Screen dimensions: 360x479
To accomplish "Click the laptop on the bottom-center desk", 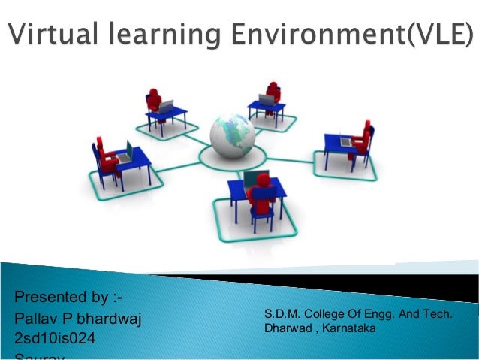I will click(x=252, y=179).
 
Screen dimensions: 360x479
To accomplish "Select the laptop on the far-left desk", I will click(x=127, y=151).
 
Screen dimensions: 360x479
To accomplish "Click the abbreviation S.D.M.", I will click(x=281, y=313).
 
